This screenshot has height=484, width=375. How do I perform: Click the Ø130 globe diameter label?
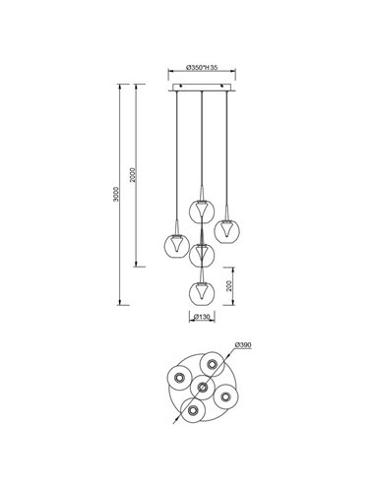coord(201,317)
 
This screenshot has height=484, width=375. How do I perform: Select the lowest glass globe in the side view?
coord(202,292)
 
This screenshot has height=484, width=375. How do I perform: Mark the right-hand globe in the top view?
coord(226,394)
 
